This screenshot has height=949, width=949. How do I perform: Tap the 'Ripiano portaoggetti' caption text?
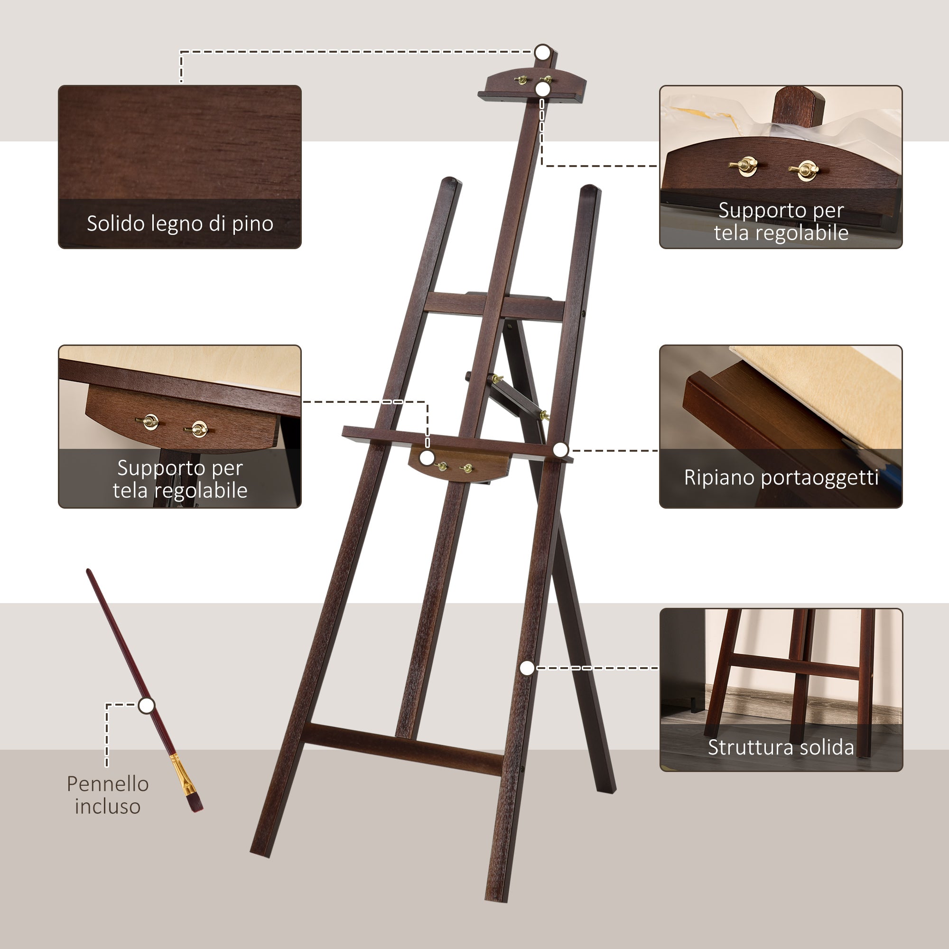pyautogui.click(x=781, y=477)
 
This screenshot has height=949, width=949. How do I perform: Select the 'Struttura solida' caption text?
pyautogui.click(x=781, y=747)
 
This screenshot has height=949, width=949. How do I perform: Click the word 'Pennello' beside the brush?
pyautogui.click(x=108, y=784)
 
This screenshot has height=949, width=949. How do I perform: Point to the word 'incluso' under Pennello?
pyautogui.click(x=108, y=807)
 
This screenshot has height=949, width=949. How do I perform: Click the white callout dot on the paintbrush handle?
pyautogui.click(x=146, y=706)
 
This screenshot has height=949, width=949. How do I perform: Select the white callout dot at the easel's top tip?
pyautogui.click(x=543, y=52)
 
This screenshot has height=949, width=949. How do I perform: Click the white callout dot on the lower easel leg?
pyautogui.click(x=527, y=668)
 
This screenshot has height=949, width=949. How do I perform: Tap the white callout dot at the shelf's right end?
pyautogui.click(x=560, y=449)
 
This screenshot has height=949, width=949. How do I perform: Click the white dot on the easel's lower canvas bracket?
pyautogui.click(x=428, y=458)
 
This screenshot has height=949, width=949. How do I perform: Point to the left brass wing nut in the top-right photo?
pyautogui.click(x=744, y=165)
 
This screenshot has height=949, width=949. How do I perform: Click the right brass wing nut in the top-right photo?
pyautogui.click(x=804, y=170)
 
